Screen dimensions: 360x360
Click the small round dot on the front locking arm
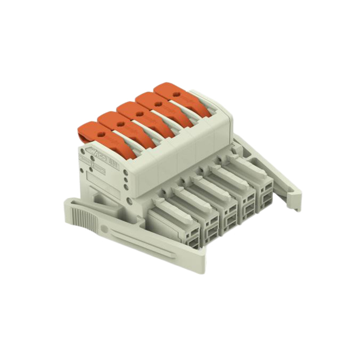coord(103,229)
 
